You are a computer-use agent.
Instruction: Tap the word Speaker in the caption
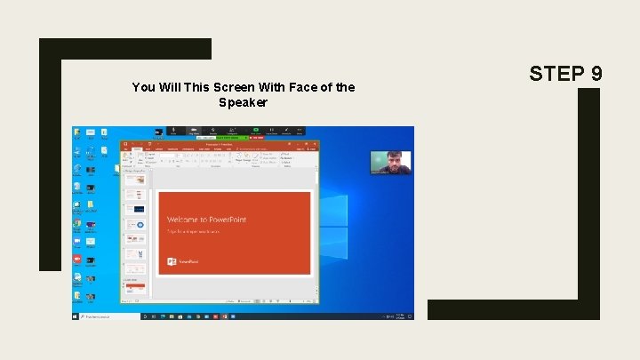coord(243,102)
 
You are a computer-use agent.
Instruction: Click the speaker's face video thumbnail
coord(391,162)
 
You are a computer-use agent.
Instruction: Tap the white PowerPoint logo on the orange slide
coord(172,262)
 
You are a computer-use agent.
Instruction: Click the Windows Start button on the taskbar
coord(76,316)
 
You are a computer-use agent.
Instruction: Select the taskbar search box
coord(108,316)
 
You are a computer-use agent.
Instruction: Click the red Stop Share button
coord(258,138)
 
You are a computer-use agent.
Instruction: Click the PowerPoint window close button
coord(318,143)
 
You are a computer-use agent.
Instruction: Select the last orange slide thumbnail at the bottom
coord(135,289)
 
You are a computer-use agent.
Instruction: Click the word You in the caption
coord(141,87)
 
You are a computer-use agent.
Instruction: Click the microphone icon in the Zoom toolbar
coord(173,131)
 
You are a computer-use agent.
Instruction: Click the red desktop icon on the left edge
coord(78,259)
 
